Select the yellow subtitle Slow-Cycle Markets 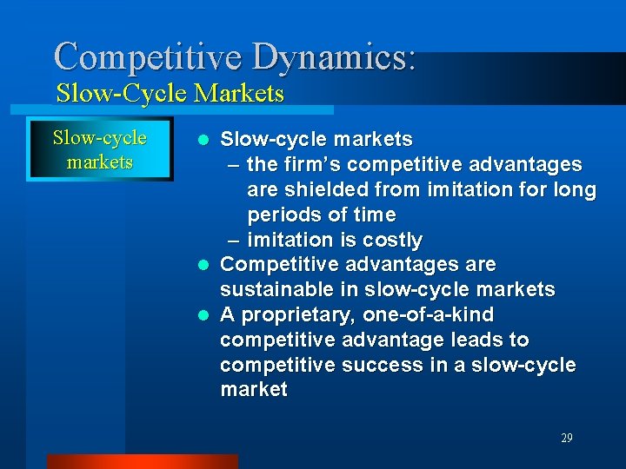click(170, 93)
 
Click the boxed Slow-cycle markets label click(99, 150)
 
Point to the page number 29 click(566, 439)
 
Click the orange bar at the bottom click(142, 461)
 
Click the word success click(380, 365)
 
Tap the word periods click(283, 215)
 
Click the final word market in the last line click(253, 390)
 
